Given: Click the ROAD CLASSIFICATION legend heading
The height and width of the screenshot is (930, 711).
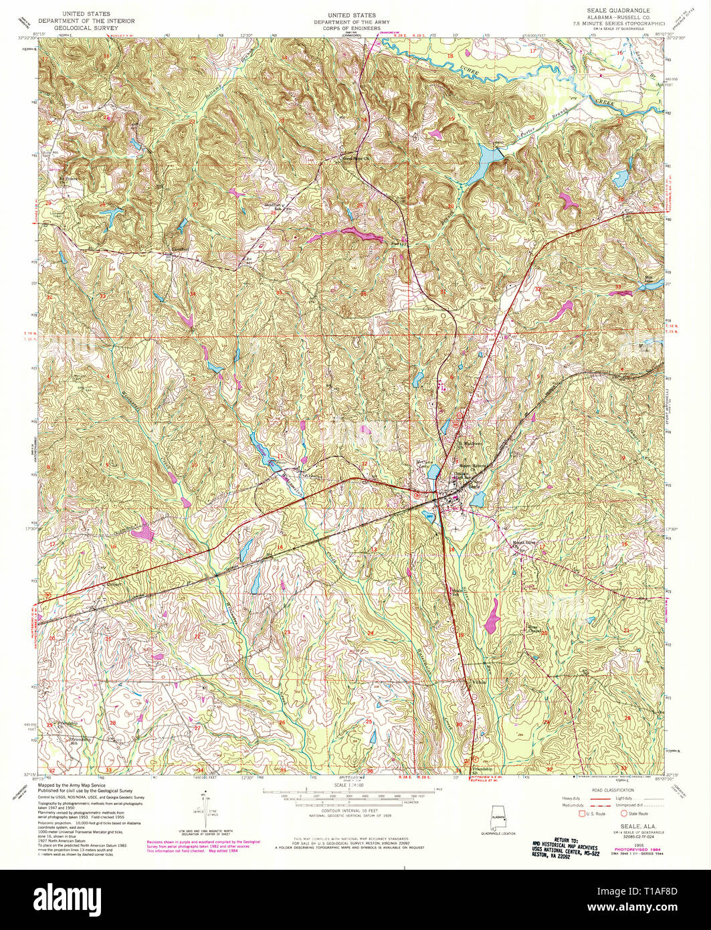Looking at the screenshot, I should (604, 790).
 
